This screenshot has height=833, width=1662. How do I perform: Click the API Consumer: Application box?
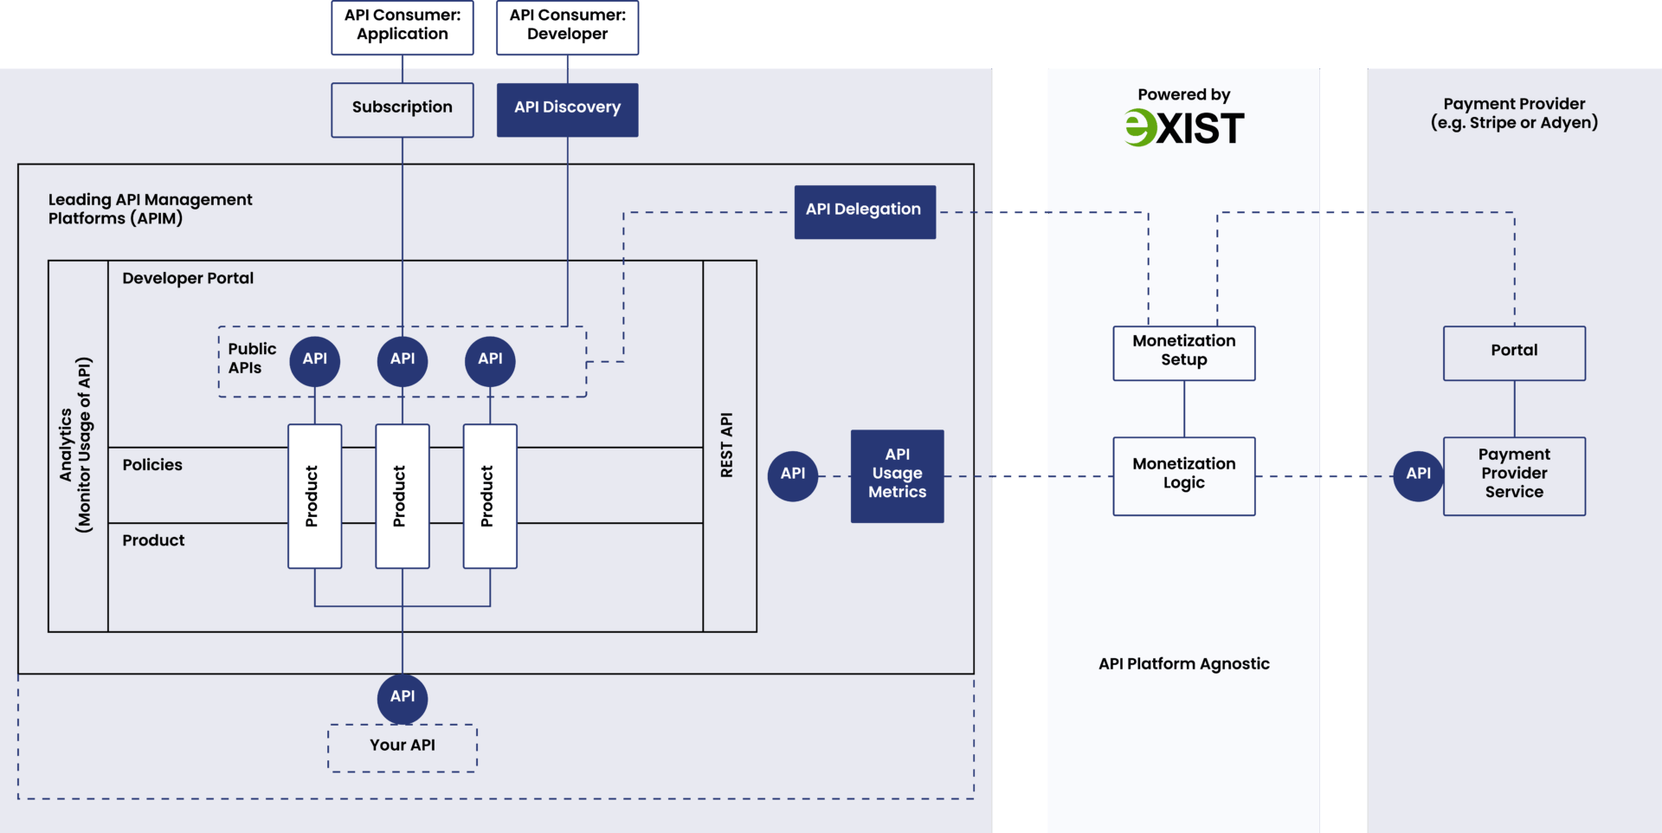(403, 26)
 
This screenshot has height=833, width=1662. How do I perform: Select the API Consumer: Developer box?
(567, 26)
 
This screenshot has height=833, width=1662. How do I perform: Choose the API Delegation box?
(864, 211)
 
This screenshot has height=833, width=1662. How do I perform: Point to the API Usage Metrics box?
(897, 475)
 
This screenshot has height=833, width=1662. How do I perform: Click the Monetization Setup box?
(1183, 352)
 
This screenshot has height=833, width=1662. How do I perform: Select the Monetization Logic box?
(1183, 475)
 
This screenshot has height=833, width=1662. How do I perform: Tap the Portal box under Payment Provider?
(1514, 352)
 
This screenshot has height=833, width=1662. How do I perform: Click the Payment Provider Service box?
(1514, 475)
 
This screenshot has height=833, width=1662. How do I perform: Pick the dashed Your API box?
(403, 747)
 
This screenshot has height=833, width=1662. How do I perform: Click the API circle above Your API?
(403, 698)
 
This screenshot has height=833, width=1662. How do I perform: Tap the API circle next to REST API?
(793, 475)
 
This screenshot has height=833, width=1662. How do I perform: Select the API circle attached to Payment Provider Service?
(1418, 475)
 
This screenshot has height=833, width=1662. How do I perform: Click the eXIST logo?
(1183, 128)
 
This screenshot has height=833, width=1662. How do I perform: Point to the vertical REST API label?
(727, 445)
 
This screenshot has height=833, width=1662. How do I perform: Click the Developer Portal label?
(188, 279)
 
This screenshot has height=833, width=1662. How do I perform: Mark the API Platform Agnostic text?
(1183, 664)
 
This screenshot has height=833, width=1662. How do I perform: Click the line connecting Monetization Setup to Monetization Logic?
(1183, 409)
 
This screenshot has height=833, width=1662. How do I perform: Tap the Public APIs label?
(251, 358)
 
